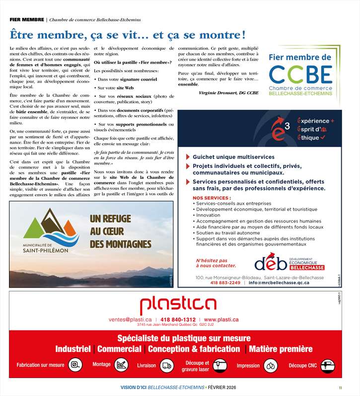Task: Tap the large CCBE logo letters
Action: (300, 75)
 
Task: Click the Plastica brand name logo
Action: (178, 305)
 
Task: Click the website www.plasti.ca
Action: (221, 319)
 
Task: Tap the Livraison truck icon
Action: (167, 366)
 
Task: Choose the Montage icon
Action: (121, 365)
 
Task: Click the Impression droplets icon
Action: (271, 366)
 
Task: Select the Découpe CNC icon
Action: (327, 366)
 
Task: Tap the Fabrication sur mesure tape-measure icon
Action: (75, 365)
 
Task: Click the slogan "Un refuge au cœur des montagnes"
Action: (120, 231)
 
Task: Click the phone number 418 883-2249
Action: (225, 282)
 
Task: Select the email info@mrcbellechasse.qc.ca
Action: (279, 282)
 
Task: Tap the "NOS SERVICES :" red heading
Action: (209, 198)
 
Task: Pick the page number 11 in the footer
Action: (341, 388)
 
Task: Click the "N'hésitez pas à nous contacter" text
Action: (213, 263)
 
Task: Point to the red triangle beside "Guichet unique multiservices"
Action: (188, 157)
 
